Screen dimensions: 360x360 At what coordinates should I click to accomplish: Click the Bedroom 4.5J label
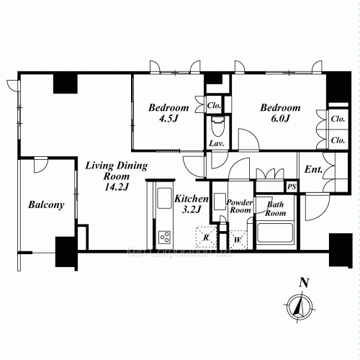coord(163,114)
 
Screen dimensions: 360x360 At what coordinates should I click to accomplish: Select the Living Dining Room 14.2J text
coord(107,176)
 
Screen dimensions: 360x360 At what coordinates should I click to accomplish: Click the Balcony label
coord(46,204)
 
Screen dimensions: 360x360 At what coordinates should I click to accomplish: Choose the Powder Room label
coord(239,207)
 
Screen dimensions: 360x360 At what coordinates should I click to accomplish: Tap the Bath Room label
coord(276,209)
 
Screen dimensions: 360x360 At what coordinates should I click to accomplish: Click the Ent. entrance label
coord(313,171)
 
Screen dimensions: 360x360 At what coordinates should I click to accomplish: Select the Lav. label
coord(215,143)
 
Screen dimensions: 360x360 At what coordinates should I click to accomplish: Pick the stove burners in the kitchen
coord(164,237)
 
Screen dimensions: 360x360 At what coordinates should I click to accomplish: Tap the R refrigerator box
coord(206,236)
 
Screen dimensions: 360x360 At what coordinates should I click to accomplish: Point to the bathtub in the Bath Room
coord(274,234)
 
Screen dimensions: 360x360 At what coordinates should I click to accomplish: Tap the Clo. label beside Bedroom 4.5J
coord(214,105)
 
